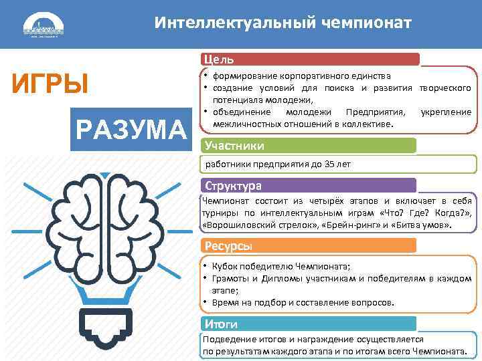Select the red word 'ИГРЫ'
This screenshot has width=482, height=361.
coord(51,85)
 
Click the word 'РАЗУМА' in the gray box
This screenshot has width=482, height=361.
coord(131,129)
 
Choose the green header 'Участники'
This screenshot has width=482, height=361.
coord(235,146)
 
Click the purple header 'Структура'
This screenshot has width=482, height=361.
coord(234,185)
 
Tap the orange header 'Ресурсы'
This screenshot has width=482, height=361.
coord(229,245)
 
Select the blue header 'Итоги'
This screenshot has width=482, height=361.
coord(222,324)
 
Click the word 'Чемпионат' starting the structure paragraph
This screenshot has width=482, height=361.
coord(226,201)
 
